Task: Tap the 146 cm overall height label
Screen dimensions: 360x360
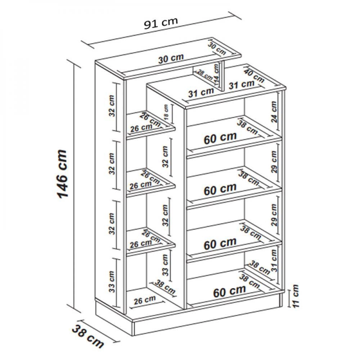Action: point(62,174)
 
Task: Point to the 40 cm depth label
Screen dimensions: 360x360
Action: point(254,76)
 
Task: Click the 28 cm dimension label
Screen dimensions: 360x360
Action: point(205,75)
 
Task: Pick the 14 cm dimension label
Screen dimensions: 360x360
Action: point(216,74)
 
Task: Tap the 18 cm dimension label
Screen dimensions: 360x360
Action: point(166,112)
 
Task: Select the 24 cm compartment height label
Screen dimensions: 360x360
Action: point(274,112)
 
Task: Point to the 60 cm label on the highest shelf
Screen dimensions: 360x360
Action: point(220,138)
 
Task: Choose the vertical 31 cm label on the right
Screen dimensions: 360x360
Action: point(274,261)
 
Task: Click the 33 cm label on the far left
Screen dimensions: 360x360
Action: point(112,282)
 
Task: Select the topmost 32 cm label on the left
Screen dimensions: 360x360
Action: point(112,106)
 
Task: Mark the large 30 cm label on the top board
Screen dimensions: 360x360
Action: point(171,59)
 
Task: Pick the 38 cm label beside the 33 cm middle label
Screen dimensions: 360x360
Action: point(165,287)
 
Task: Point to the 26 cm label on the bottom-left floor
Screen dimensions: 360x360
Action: point(145,300)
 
